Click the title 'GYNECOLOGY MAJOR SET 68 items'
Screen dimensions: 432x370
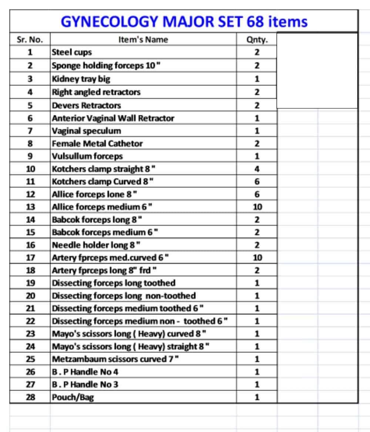tap(184, 21)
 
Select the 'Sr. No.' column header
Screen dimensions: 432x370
tap(30, 40)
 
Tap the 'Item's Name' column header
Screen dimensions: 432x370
tap(143, 40)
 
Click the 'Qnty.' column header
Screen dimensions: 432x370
tap(256, 40)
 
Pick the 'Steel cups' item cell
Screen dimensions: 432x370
tap(72, 52)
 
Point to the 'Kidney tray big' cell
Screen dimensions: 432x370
tap(81, 79)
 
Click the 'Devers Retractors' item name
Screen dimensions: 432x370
tap(86, 105)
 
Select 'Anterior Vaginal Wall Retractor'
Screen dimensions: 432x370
tap(113, 118)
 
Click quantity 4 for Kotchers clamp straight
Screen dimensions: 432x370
tap(257, 169)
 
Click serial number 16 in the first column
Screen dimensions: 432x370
tap(31, 245)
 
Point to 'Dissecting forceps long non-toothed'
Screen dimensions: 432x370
tap(124, 296)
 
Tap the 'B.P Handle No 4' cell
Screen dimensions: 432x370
tap(85, 372)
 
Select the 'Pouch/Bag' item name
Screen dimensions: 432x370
tap(73, 398)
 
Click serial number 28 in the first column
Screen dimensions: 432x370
tap(31, 398)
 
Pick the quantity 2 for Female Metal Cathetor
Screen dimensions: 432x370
tap(257, 144)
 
